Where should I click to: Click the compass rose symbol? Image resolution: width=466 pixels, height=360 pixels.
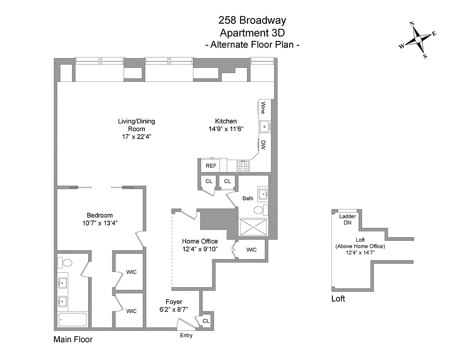click(x=418, y=40)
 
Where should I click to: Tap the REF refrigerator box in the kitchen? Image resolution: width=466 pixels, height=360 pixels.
click(x=211, y=166)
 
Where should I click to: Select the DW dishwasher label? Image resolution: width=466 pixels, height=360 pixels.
click(x=263, y=145)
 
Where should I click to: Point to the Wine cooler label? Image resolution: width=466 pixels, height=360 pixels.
click(x=263, y=108)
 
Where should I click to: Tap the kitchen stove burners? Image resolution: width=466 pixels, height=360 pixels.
click(x=243, y=166)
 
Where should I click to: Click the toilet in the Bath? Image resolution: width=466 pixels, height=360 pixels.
click(x=259, y=210)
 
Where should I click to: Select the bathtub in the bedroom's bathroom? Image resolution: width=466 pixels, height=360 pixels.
click(x=72, y=320)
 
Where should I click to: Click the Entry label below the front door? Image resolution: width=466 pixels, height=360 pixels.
click(x=186, y=336)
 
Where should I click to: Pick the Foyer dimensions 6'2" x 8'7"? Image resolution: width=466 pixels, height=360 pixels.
click(x=174, y=310)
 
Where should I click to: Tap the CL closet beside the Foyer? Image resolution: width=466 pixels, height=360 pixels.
click(x=206, y=321)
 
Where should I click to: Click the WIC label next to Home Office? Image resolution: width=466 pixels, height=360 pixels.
click(x=251, y=250)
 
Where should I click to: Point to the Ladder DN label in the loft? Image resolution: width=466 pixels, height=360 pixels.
click(x=347, y=220)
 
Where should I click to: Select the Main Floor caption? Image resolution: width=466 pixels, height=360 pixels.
click(x=73, y=340)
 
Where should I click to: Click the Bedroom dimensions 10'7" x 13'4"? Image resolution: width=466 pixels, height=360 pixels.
click(x=100, y=223)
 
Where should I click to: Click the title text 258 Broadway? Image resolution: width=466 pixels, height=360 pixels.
click(x=252, y=20)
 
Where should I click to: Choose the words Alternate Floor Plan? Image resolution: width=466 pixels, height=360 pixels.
click(x=252, y=45)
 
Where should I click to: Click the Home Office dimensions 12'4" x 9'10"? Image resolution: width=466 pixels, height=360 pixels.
click(x=200, y=249)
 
